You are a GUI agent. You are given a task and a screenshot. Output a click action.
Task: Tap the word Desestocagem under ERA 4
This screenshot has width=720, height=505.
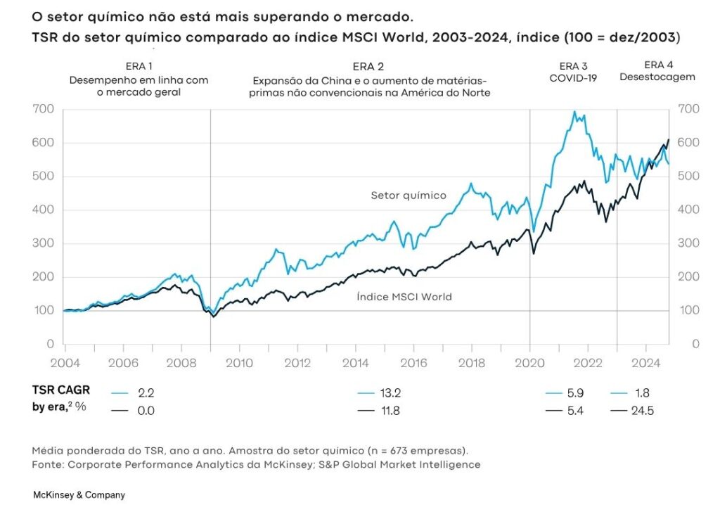pyautogui.click(x=657, y=77)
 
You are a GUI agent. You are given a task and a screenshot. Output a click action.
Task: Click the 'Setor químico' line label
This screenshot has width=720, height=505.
pyautogui.click(x=408, y=196)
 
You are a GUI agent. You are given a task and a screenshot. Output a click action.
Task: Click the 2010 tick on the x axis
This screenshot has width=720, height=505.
pyautogui.click(x=239, y=364)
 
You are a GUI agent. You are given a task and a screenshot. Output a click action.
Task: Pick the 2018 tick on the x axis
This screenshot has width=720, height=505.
pyautogui.click(x=472, y=364)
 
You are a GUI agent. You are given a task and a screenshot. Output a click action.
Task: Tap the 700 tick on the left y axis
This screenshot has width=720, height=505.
pyautogui.click(x=44, y=109)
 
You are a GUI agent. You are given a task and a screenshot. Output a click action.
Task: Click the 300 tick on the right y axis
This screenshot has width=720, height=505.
pyautogui.click(x=688, y=243)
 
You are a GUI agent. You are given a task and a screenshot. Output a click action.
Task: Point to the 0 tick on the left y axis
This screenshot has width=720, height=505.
pyautogui.click(x=50, y=345)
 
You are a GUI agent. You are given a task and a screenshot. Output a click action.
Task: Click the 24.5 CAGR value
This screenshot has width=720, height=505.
pyautogui.click(x=642, y=411)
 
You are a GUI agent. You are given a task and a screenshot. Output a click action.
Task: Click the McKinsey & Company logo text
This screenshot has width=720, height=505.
pyautogui.click(x=79, y=495)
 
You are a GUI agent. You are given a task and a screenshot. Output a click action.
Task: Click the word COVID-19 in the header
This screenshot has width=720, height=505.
pyautogui.click(x=573, y=78)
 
